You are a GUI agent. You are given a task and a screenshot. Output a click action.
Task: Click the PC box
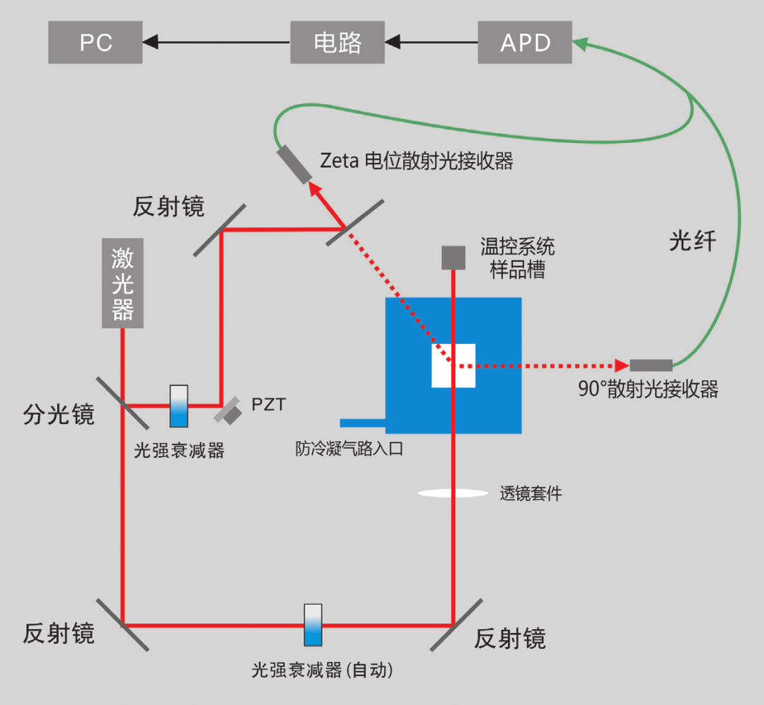click(95, 42)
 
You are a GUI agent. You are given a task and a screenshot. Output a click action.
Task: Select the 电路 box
click(338, 42)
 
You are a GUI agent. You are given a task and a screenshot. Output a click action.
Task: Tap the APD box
click(525, 42)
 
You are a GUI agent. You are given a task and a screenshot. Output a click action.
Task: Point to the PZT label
click(270, 405)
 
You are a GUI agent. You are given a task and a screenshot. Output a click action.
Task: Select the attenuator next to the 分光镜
click(180, 406)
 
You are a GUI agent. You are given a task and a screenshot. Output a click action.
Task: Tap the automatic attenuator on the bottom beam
click(313, 624)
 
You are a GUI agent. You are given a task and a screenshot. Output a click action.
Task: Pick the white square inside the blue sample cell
click(453, 365)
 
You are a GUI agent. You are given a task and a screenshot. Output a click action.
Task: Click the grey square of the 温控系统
click(453, 258)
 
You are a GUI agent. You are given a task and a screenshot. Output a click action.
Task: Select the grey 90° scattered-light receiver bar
click(651, 365)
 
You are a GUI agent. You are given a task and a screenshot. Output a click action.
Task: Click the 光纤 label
click(693, 242)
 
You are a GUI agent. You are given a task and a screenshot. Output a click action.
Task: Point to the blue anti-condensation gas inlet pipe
click(362, 423)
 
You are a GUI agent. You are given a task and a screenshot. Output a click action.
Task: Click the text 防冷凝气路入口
click(349, 449)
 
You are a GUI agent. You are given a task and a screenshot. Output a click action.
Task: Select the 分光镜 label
click(59, 414)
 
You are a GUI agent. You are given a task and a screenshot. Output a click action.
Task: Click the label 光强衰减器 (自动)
click(322, 670)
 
